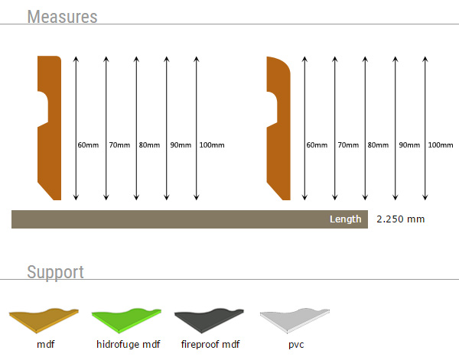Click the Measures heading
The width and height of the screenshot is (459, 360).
click(x=62, y=16)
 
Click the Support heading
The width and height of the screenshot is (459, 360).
click(x=55, y=272)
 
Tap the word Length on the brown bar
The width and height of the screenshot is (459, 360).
click(x=345, y=219)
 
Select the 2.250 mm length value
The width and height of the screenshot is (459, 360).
click(x=400, y=219)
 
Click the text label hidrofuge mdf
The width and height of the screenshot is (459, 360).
click(x=129, y=345)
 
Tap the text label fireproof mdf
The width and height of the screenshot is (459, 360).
click(x=210, y=345)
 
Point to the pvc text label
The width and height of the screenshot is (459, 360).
click(x=296, y=345)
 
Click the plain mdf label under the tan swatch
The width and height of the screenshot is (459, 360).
click(x=46, y=345)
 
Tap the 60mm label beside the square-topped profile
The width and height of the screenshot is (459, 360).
click(x=88, y=145)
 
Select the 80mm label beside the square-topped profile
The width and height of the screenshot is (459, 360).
click(x=149, y=145)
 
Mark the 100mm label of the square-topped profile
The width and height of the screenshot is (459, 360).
click(x=212, y=145)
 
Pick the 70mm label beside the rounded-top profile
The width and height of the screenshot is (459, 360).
click(x=348, y=145)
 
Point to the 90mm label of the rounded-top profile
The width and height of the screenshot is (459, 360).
click(x=409, y=145)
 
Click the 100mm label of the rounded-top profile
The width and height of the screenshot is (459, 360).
click(x=441, y=145)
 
